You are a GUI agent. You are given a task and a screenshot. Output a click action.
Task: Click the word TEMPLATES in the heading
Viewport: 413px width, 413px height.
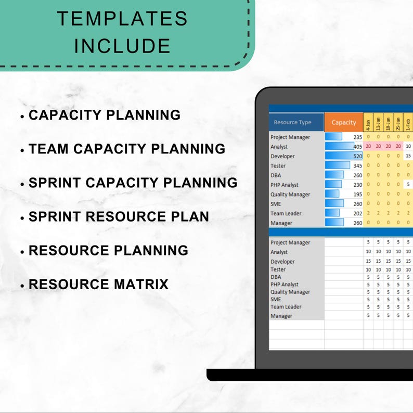pos(122,19)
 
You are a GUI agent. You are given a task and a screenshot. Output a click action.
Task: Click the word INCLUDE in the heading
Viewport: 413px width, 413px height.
pos(122,46)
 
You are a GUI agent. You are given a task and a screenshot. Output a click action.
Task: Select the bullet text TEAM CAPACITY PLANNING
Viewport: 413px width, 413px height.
pos(127,149)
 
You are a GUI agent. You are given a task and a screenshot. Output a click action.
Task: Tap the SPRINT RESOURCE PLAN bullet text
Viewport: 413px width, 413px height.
pos(119,216)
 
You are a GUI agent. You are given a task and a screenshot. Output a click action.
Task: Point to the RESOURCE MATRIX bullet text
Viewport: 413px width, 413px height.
pos(98,285)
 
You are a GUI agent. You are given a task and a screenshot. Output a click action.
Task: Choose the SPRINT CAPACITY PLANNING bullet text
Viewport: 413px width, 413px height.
pos(133,183)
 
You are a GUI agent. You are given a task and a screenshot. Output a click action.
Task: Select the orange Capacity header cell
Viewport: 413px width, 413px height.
pos(343,122)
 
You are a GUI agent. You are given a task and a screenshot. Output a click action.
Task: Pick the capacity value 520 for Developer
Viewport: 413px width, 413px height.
pos(357,156)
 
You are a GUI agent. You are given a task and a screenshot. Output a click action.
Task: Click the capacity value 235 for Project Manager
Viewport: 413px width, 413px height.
pos(357,137)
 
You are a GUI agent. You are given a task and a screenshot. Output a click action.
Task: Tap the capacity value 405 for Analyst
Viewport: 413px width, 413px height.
pos(357,147)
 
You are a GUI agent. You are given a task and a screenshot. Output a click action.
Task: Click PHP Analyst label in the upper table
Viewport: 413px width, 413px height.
pos(285,185)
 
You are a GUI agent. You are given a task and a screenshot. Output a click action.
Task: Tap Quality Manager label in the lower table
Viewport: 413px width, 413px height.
pos(290,292)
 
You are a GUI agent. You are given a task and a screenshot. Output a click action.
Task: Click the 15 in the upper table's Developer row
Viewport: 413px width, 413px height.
pos(408,156)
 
